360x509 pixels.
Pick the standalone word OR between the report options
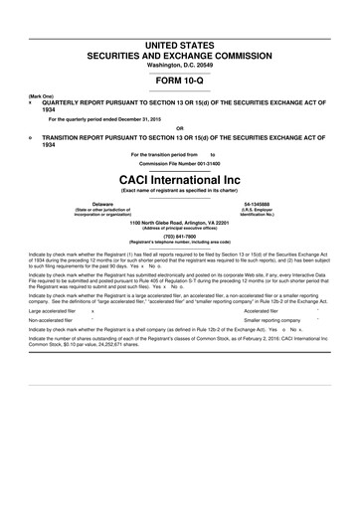tap(179, 127)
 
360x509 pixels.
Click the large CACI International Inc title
tap(179, 177)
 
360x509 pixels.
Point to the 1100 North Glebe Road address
tap(180, 223)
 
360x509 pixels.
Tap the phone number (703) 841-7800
tap(180, 237)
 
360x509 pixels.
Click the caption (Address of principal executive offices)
tap(180, 229)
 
